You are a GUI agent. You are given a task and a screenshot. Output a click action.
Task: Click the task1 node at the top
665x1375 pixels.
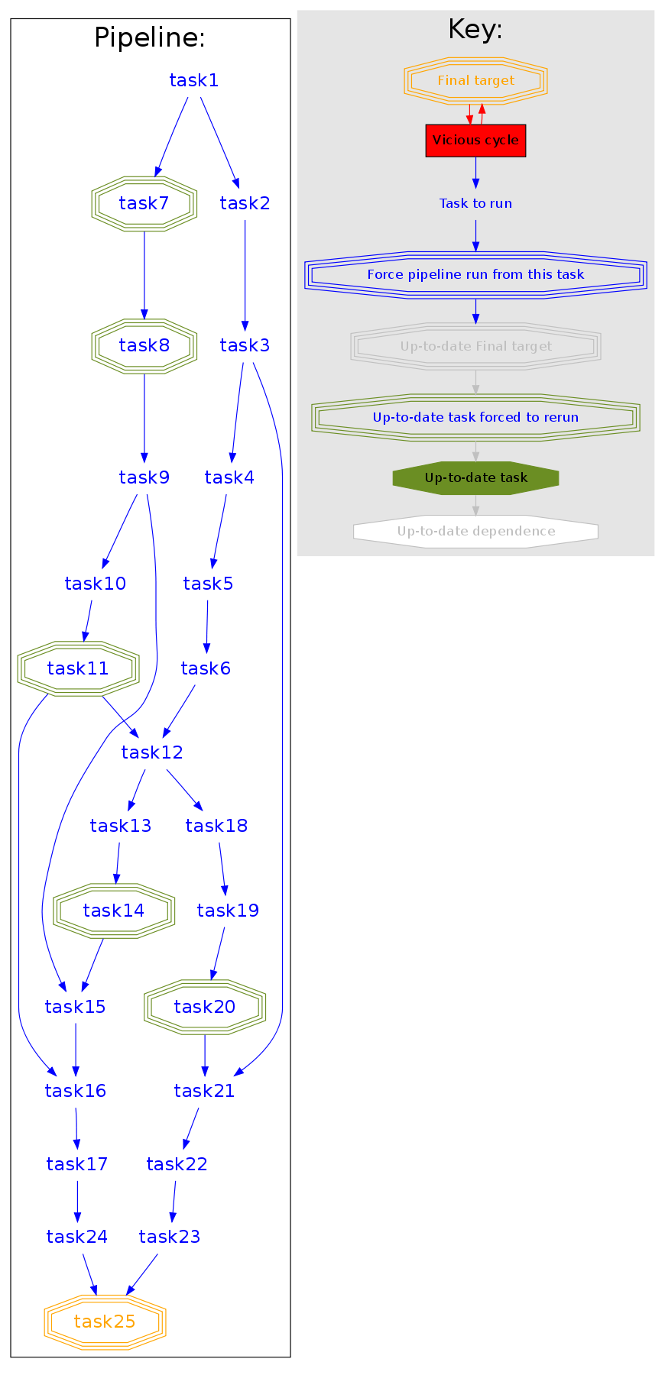pos(193,80)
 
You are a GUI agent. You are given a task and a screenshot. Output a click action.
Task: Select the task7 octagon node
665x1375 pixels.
pos(144,203)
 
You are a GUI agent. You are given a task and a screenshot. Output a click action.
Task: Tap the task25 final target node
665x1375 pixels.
pos(105,1322)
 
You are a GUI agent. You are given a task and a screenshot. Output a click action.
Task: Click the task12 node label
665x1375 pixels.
pos(152,752)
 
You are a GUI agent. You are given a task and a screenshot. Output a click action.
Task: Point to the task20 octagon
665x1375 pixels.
pos(205,1007)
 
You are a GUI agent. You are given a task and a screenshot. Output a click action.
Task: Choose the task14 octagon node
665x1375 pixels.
pos(113,911)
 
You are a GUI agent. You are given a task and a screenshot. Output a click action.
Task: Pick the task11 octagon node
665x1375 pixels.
pos(78,668)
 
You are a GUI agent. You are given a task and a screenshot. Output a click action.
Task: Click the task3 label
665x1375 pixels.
pos(245,345)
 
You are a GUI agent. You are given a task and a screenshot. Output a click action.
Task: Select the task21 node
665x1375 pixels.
pos(204,1091)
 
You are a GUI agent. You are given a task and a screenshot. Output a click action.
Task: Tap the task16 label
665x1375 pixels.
pos(75,1091)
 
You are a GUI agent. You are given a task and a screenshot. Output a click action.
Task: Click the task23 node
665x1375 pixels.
pos(169,1237)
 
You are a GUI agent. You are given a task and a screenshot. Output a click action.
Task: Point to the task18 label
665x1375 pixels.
pos(216,826)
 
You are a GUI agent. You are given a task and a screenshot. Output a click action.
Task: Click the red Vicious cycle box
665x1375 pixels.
pos(475,141)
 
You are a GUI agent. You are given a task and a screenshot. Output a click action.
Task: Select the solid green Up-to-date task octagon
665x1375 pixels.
pos(475,478)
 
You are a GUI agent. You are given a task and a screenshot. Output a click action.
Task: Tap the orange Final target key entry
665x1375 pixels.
pos(475,80)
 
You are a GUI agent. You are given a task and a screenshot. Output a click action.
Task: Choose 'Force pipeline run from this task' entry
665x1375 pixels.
pos(475,274)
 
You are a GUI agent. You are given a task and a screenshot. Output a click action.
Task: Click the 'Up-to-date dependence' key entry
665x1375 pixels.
pos(475,532)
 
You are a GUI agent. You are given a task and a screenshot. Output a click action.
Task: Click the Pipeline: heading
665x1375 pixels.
pos(150,37)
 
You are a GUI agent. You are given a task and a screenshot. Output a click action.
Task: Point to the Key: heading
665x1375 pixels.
pos(475,29)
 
